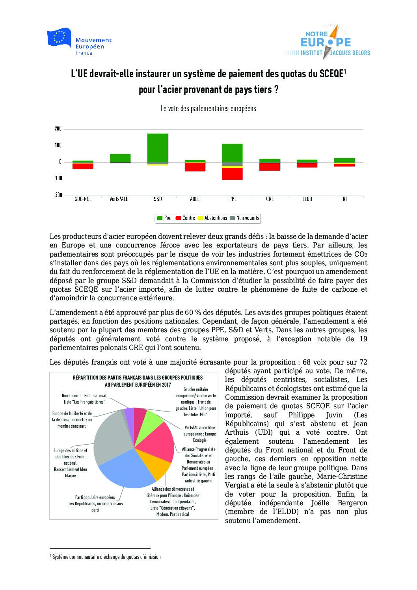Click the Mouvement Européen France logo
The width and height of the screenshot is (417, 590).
click(79, 42)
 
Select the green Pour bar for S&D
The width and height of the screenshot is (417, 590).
click(158, 147)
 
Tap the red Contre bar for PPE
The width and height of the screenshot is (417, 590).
click(232, 174)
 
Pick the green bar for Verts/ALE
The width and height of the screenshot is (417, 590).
click(120, 158)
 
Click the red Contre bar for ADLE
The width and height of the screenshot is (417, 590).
click(195, 167)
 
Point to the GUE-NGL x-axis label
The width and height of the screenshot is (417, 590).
click(83, 199)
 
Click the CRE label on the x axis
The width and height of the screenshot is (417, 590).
click(270, 199)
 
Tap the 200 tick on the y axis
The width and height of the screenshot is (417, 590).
click(58, 129)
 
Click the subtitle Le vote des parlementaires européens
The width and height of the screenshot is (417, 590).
click(208, 108)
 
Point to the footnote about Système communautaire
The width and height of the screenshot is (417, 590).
click(106, 557)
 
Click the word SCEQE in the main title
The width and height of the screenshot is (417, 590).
click(331, 74)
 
